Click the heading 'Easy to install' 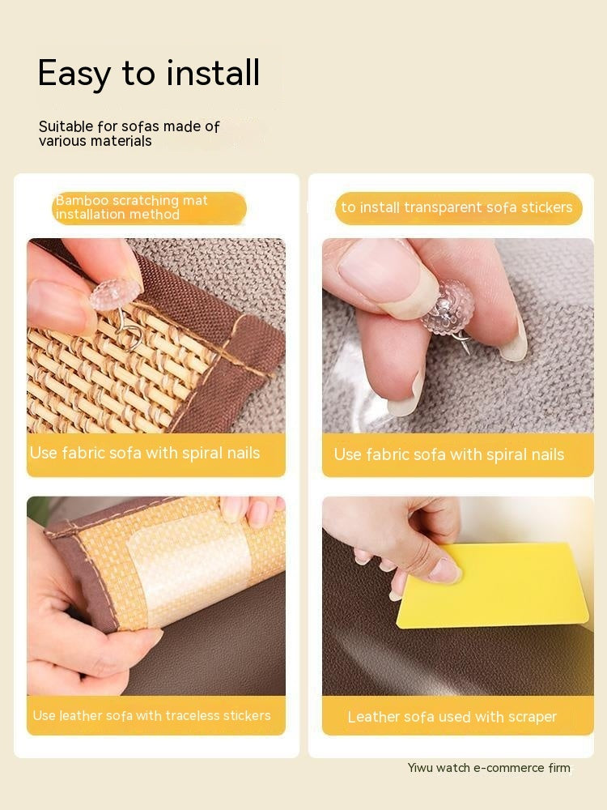coord(149,73)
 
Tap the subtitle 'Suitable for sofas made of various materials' coord(129,134)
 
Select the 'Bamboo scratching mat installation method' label coord(132,207)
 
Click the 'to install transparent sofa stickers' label coord(456,207)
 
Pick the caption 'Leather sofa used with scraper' coord(452,717)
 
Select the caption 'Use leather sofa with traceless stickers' coord(152,716)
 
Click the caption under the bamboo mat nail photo coord(146,453)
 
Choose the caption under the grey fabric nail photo coord(449,454)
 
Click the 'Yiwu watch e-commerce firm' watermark coord(489,768)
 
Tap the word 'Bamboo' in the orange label coord(76,200)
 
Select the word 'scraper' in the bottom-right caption coord(529,717)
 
